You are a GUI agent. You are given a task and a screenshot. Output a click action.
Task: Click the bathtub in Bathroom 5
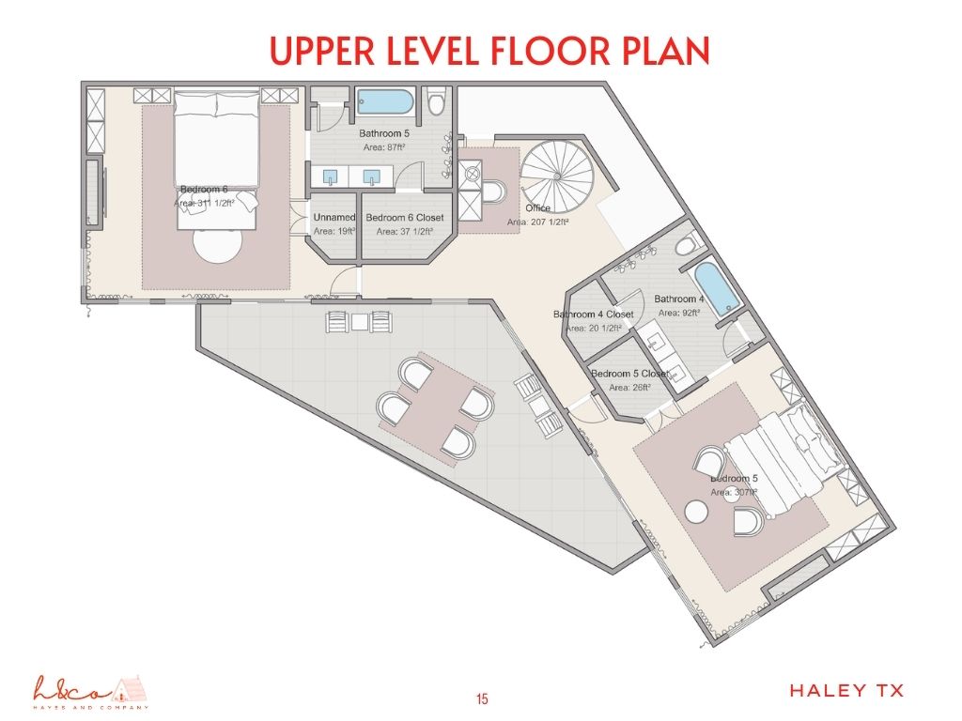click(384, 100)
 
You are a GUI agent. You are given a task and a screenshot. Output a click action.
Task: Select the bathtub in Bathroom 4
click(717, 289)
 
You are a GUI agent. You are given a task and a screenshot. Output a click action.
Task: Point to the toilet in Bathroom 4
click(686, 244)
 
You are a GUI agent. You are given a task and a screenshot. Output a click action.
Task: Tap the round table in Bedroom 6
click(218, 248)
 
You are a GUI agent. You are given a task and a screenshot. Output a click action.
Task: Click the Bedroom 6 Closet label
click(404, 218)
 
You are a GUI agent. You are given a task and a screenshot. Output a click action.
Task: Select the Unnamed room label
click(334, 218)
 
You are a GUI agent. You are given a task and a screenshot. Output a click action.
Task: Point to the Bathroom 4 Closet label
click(593, 314)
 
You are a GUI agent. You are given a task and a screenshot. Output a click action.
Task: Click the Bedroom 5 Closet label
click(629, 374)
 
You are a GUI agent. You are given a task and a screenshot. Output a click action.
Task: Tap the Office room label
click(538, 208)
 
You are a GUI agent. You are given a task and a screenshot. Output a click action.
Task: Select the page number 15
click(481, 698)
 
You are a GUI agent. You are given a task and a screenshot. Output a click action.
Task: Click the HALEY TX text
click(846, 691)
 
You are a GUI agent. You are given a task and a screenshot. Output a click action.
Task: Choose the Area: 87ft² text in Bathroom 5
click(383, 147)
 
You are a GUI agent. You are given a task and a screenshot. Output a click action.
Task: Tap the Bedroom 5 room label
click(734, 479)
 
